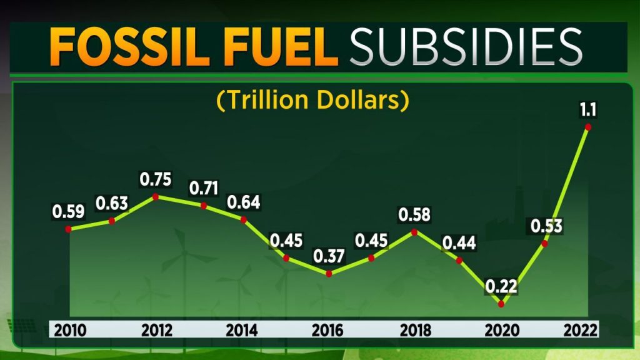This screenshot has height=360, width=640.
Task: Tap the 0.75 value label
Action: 156,179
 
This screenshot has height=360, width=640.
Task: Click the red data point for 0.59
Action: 68,229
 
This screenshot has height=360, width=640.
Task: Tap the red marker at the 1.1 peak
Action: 587,127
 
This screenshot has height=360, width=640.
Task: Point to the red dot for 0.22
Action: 501,304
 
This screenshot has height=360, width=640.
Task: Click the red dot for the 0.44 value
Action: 459,259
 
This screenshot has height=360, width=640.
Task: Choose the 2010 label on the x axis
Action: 69,330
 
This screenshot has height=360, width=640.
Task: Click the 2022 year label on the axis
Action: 581,330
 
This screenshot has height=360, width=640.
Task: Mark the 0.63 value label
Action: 112,204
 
